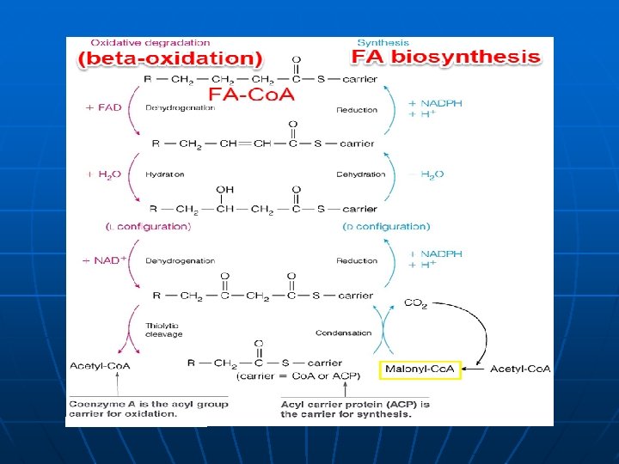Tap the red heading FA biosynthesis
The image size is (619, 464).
point(446,58)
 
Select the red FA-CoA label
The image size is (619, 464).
point(252,93)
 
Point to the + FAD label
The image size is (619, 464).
point(104,108)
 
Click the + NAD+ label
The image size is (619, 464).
point(104,260)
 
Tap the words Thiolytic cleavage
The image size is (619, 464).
point(163,329)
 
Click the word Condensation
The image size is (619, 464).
point(343,333)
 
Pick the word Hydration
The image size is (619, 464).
point(165,174)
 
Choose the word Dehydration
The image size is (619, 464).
point(361,174)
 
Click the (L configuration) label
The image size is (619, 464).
point(148,227)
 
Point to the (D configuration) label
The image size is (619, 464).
point(386,227)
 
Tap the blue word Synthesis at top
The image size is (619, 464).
point(383,42)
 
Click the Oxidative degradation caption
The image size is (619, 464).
point(150,42)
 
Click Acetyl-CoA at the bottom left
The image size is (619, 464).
point(100,365)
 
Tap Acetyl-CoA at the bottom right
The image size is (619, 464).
point(520,369)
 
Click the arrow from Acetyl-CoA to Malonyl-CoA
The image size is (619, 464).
point(475,369)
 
